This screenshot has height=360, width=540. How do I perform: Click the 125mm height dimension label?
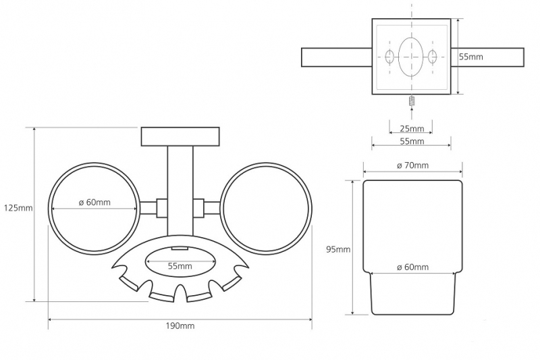click(x=18, y=208)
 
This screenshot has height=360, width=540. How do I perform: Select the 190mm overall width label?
click(x=180, y=326)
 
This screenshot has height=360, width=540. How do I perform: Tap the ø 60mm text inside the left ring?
click(x=94, y=202)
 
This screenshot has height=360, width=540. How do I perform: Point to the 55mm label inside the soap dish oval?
click(x=180, y=266)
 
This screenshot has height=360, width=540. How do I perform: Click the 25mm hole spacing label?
click(x=412, y=128)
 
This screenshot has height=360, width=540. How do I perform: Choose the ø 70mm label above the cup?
click(x=412, y=165)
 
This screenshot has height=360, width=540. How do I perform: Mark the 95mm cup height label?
click(x=338, y=249)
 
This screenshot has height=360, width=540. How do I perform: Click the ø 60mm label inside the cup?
click(x=412, y=267)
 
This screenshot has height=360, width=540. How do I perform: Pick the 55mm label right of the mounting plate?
click(x=471, y=57)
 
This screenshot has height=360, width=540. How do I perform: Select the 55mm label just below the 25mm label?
click(x=412, y=141)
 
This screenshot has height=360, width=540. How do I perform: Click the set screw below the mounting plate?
click(x=411, y=101)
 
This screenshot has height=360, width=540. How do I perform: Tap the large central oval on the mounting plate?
click(x=410, y=57)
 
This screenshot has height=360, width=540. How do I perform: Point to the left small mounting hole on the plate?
click(x=389, y=57)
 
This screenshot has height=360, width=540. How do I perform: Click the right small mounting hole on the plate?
click(x=432, y=57)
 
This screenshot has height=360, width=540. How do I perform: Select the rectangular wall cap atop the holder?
click(x=180, y=136)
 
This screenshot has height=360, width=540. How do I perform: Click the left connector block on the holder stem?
click(x=162, y=208)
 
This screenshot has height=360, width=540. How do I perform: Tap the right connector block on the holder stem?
click(x=198, y=208)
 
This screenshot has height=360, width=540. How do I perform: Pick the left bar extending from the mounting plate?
click(x=337, y=57)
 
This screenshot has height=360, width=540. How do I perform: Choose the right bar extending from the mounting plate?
click(x=487, y=57)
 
